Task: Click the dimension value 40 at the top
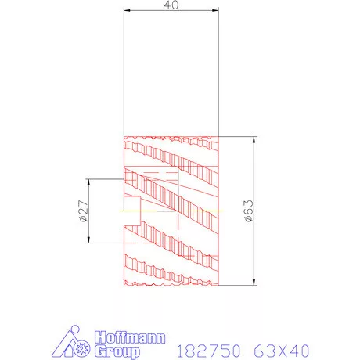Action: click(171, 5)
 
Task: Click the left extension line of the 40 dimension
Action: click(125, 70)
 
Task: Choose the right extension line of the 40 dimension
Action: click(218, 70)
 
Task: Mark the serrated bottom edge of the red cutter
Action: click(171, 283)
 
